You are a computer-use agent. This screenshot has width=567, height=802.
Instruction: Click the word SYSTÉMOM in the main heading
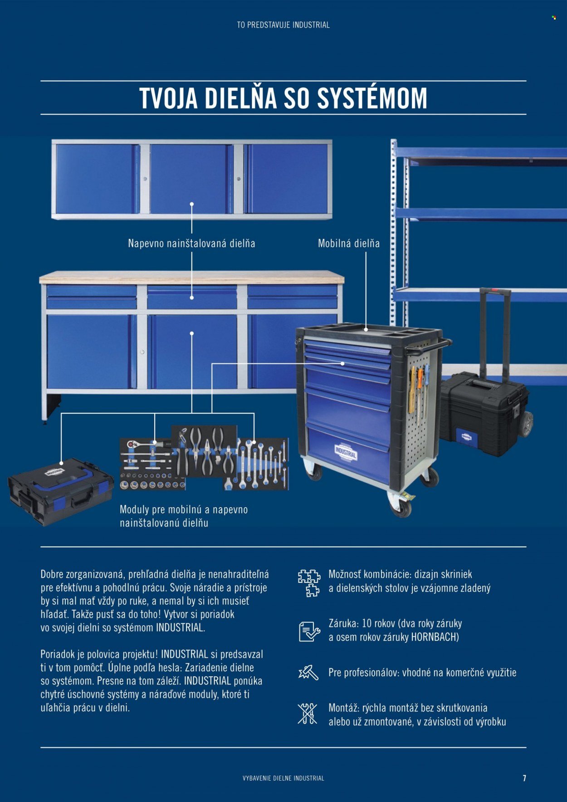372,98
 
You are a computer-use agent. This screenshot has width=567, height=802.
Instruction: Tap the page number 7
524,778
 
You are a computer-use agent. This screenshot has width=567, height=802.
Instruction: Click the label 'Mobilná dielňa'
349,243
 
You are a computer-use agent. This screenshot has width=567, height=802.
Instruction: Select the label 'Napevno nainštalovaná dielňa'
191,243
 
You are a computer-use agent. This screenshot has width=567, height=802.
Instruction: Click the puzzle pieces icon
309,583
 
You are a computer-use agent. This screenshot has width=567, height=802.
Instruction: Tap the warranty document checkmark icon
309,631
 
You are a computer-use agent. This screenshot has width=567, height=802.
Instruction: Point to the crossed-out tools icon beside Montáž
308,714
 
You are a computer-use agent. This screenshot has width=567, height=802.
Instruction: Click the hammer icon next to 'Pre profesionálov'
308,672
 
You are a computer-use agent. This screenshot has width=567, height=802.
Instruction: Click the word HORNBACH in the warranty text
435,637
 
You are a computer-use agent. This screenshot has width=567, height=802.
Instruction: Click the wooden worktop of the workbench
191,277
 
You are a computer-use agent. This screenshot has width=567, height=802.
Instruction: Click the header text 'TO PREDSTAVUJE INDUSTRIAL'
283,25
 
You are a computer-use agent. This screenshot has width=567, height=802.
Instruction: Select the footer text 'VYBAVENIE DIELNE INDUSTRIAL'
283,778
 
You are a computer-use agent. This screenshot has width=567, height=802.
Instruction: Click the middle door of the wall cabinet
191,179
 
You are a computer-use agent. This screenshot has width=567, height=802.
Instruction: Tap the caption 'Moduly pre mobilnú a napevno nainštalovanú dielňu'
184,516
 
